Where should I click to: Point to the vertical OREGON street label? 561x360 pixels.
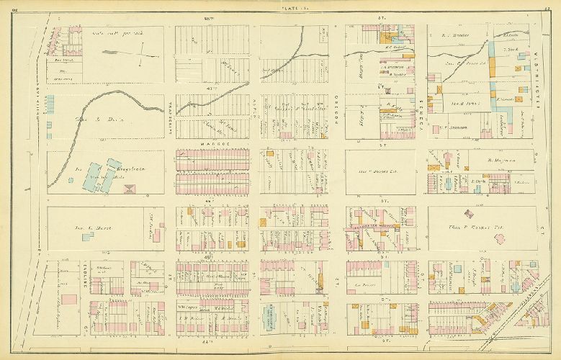(335, 112)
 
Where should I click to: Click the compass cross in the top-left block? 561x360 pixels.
(142, 51)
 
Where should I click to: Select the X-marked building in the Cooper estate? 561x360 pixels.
(470, 213)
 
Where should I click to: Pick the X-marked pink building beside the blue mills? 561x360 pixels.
(130, 189)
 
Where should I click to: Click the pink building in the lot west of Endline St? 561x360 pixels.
(69, 298)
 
